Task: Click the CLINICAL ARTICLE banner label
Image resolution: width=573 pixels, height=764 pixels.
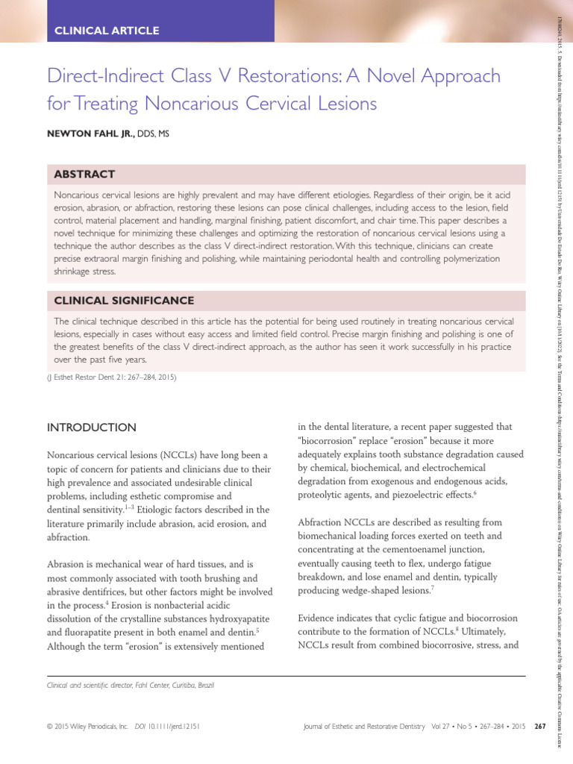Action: coord(107,31)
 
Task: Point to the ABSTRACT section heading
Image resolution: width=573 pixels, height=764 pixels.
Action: coord(84,174)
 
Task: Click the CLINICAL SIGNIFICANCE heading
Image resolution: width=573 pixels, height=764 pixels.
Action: coord(122,301)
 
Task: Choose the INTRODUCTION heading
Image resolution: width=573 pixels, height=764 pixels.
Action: coord(92,428)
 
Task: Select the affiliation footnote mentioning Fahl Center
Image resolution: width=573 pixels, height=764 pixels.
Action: coord(130,685)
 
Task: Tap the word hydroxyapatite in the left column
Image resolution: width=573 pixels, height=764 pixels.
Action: coord(222,619)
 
